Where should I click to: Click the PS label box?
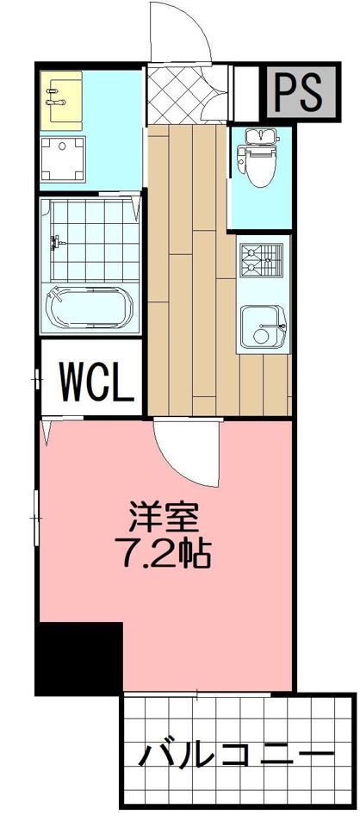click(x=298, y=90)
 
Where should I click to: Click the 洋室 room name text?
click(x=164, y=518)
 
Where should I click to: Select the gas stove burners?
click(x=262, y=259)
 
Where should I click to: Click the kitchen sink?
click(x=262, y=326)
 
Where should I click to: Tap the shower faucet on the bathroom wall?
click(x=58, y=243)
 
